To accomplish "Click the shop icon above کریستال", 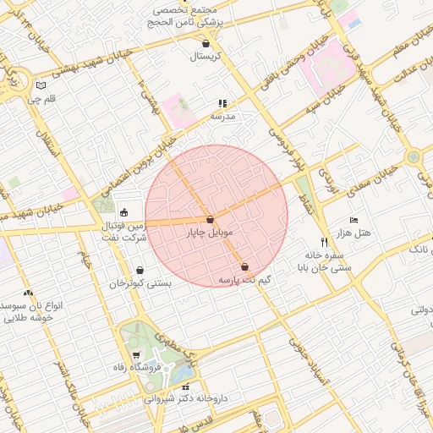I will click(206, 43).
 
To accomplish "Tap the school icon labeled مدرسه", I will click(223, 103).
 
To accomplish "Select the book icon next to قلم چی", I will click(42, 85).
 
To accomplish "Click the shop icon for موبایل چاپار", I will click(209, 219).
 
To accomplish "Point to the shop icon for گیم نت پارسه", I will click(244, 266).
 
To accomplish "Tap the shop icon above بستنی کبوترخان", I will click(140, 271).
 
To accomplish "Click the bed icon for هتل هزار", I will click(354, 220).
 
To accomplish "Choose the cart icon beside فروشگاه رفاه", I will click(137, 354).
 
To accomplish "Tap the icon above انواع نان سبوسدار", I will click(28, 292).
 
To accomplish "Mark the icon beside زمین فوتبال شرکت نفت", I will click(124, 212).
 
